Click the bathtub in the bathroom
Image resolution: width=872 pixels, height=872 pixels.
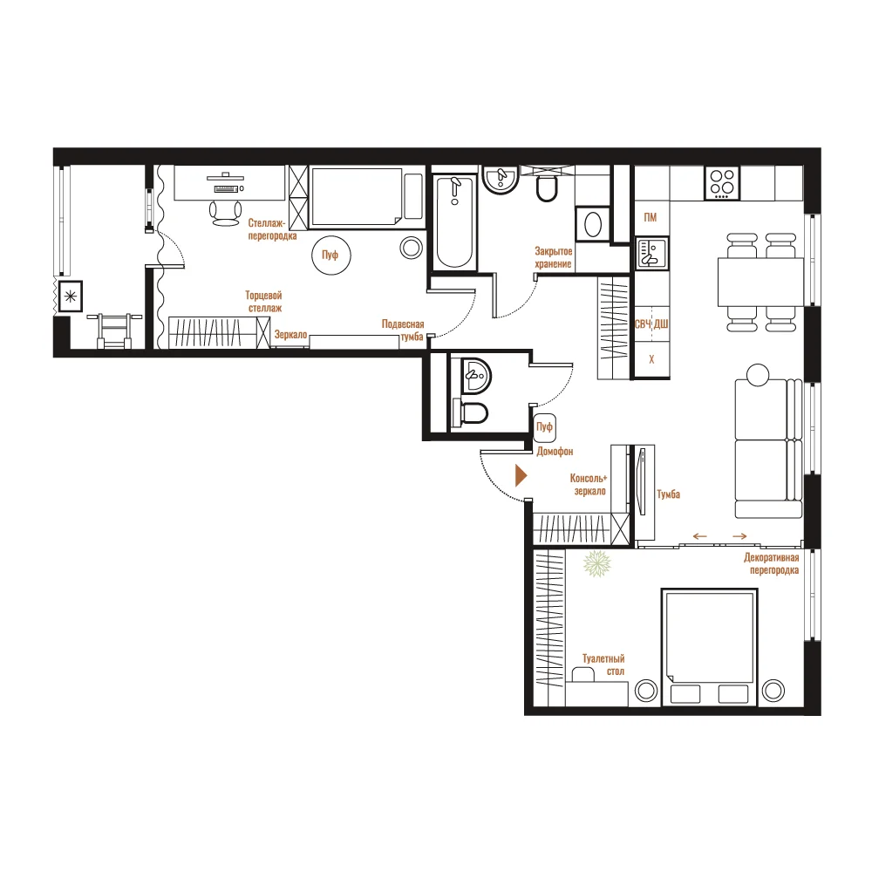click(x=455, y=222)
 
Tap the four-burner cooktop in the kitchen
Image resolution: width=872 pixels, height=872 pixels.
click(x=722, y=183)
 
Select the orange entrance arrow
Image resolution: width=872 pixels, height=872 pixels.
click(x=521, y=475)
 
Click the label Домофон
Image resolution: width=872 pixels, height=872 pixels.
click(x=555, y=452)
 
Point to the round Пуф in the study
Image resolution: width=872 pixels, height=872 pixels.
click(x=330, y=255)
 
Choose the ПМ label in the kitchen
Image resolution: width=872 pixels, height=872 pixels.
click(x=651, y=217)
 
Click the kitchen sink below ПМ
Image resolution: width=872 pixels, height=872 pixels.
click(x=651, y=253)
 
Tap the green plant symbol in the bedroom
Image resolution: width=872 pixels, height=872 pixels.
click(x=596, y=563)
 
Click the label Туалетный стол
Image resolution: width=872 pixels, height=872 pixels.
click(x=603, y=664)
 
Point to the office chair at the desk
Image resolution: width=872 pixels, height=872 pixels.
click(x=225, y=212)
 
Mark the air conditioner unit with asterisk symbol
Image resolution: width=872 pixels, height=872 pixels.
click(x=71, y=296)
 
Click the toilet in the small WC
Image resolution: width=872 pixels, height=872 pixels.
click(x=471, y=412)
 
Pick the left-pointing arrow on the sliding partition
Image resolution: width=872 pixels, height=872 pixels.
click(x=699, y=536)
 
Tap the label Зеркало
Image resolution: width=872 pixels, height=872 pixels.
click(x=290, y=334)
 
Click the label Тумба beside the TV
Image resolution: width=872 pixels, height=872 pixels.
click(x=668, y=494)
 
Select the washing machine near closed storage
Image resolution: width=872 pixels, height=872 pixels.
click(x=593, y=224)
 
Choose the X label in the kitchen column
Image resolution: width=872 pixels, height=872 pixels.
click(x=651, y=359)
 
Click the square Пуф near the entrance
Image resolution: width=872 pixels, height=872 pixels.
click(x=544, y=426)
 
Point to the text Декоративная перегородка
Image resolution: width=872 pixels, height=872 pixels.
click(x=772, y=563)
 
